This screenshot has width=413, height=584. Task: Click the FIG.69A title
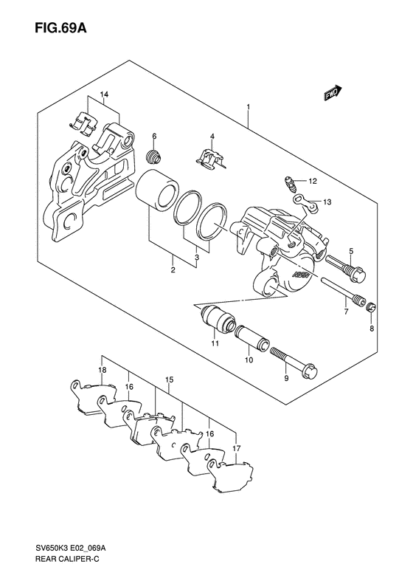coord(60,27)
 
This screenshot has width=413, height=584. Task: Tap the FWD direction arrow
coord(333,93)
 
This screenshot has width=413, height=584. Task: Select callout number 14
coord(104,95)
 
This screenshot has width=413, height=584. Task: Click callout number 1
coord(248,107)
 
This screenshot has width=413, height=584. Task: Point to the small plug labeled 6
coord(153,156)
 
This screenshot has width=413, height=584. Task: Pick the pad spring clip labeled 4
coord(210,160)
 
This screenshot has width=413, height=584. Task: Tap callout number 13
coord(327,202)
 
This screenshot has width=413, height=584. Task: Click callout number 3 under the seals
coord(197,258)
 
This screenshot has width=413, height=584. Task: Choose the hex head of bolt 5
coord(357,275)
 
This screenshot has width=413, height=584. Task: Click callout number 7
coord(346,312)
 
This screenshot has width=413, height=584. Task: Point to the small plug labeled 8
coord(372,308)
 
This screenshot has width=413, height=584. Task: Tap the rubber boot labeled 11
coord(217,317)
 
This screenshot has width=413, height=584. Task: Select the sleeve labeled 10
coord(252,338)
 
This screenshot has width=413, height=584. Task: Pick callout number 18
coord(103,370)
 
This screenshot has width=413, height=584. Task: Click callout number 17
coord(237,448)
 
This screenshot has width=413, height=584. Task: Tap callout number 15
coord(169,380)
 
